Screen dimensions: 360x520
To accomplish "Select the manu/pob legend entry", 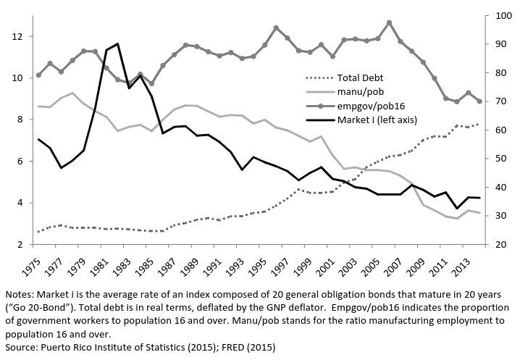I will (361, 91).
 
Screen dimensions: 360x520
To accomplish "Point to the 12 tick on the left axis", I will (17, 36).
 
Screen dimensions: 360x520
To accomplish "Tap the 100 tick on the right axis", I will (500, 16).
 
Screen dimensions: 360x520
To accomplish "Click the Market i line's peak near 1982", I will (118, 43).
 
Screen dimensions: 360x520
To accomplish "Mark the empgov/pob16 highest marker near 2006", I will (389, 22).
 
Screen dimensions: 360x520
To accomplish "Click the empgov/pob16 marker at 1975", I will (38, 75).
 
